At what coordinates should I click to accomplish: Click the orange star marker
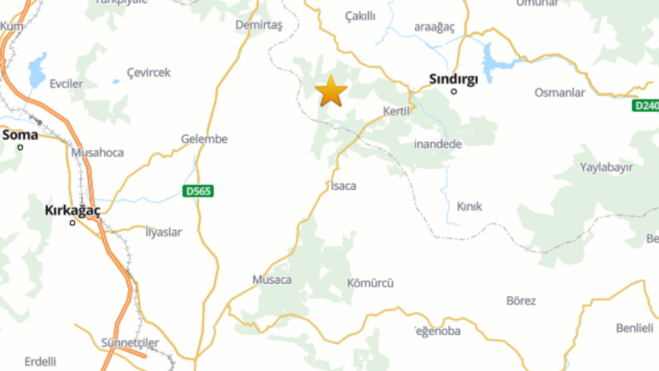click(331, 91)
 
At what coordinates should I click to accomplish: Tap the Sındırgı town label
click(453, 79)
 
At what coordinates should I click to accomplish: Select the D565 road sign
click(198, 191)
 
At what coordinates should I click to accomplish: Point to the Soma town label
click(20, 135)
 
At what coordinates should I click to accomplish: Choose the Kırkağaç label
click(72, 211)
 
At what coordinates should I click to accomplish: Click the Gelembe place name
click(204, 139)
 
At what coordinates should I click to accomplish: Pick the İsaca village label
click(343, 186)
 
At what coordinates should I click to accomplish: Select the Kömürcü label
click(370, 284)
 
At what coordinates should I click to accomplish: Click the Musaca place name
click(272, 280)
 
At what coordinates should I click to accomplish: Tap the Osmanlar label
click(560, 92)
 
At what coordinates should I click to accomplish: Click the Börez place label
click(521, 301)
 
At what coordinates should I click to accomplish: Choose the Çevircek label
click(149, 73)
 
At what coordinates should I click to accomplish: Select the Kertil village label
click(396, 111)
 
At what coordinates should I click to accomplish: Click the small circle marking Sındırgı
click(454, 91)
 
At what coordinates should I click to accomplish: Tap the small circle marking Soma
click(20, 147)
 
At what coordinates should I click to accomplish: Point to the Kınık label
click(469, 206)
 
